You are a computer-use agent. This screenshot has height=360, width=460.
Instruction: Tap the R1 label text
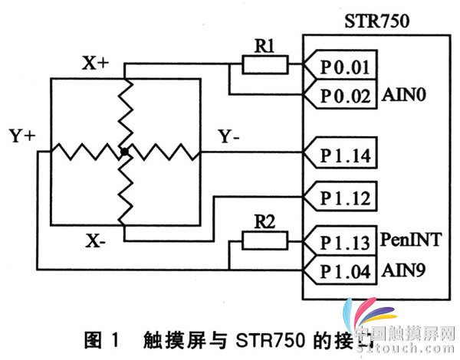pos(264,45)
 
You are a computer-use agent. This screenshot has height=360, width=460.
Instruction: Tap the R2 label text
pos(264,222)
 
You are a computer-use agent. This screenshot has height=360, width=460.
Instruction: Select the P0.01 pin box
pos(343,67)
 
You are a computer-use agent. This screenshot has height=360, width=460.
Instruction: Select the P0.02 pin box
pos(343,96)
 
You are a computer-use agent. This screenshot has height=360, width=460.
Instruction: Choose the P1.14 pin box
pos(343,157)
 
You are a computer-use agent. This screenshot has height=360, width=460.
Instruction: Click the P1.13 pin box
pos(343,243)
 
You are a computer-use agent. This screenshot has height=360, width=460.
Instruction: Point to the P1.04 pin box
pos(343,270)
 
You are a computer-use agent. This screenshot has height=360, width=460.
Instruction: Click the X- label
pos(96,243)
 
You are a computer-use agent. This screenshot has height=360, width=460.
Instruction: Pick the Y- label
pos(231,137)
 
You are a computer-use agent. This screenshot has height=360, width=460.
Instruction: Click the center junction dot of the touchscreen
pos(123,154)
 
